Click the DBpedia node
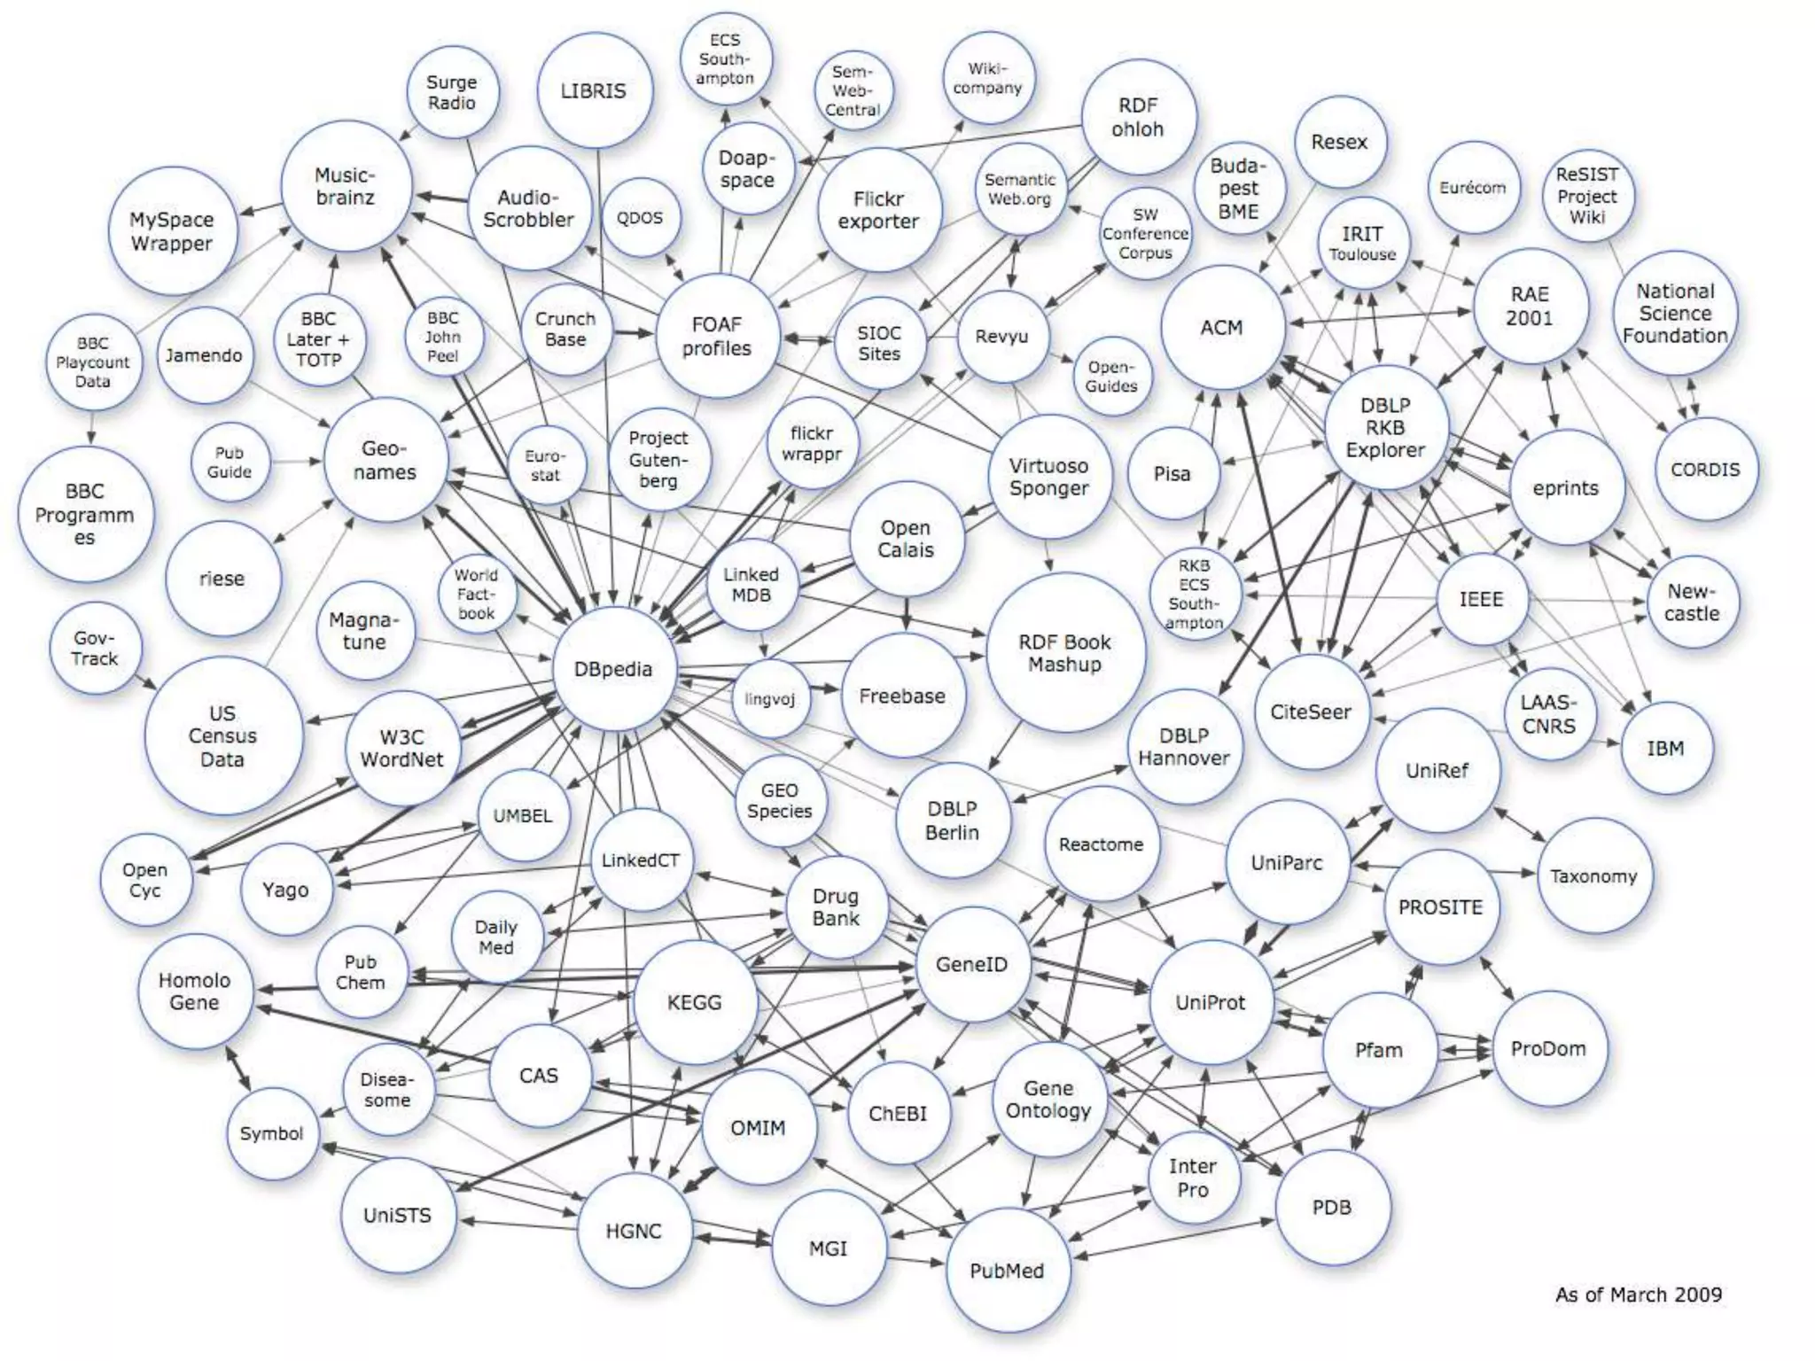pos(613,669)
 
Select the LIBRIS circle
pos(594,90)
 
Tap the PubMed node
pos(1007,1271)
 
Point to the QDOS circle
pos(639,218)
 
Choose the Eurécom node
pos(1473,188)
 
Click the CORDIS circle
pos(1705,470)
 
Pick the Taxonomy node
pos(1593,876)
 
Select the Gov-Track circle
pos(95,649)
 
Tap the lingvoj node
pos(769,699)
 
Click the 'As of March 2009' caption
pos(1638,1295)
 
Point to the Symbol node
pos(271,1133)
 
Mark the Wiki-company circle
pos(987,79)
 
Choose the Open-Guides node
pos(1111,377)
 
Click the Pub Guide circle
pos(229,462)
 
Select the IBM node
pos(1665,749)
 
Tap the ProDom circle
pos(1548,1049)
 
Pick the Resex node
pos(1339,142)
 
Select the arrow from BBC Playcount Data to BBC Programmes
pos(91,427)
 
